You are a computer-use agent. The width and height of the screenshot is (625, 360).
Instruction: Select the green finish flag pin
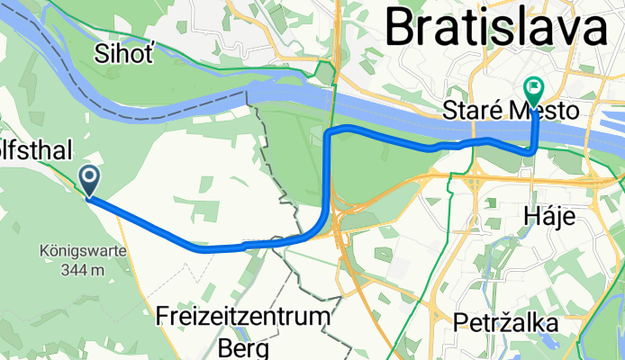click(x=532, y=89)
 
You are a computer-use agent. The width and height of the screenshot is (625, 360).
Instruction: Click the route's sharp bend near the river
click(x=330, y=134)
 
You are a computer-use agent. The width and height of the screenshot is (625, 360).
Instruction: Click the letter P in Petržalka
click(x=459, y=321)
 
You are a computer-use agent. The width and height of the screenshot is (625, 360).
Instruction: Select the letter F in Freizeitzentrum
click(x=163, y=317)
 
